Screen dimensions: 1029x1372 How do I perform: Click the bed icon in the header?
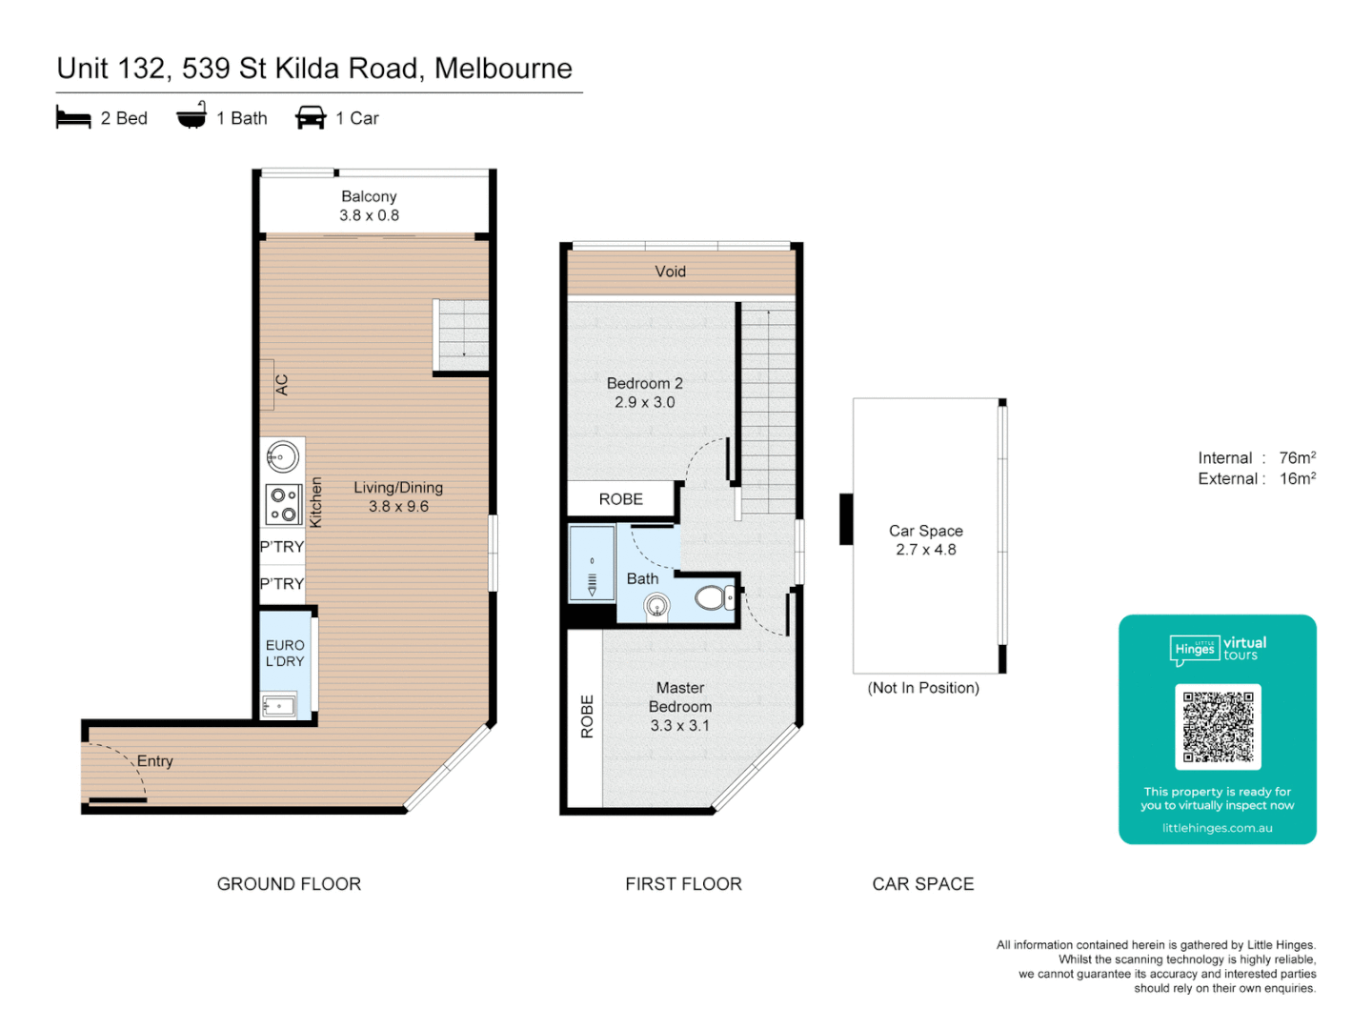click(x=73, y=117)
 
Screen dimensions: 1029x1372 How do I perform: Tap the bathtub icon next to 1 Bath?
click(x=192, y=116)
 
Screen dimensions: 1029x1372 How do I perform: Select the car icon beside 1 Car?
click(x=311, y=117)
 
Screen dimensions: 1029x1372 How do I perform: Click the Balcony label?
click(x=369, y=196)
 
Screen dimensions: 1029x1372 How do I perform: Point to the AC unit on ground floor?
click(x=269, y=385)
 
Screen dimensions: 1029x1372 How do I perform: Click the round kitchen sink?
click(x=282, y=457)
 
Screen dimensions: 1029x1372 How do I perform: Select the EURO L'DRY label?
click(x=285, y=654)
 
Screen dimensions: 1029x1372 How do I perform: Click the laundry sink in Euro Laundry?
click(x=278, y=706)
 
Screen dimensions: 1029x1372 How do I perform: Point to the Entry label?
click(x=154, y=761)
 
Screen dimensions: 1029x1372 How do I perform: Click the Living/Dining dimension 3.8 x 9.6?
click(x=398, y=507)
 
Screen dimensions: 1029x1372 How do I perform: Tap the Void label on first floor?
click(x=670, y=272)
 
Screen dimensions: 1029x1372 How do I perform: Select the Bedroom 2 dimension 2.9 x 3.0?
click(x=644, y=403)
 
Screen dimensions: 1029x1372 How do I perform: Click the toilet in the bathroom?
click(x=713, y=598)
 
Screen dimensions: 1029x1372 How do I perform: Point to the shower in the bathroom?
click(x=592, y=563)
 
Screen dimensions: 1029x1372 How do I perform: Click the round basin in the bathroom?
click(x=656, y=605)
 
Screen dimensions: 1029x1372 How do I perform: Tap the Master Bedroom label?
click(x=680, y=697)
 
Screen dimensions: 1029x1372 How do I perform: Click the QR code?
click(x=1218, y=727)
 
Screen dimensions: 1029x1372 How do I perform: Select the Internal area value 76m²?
click(x=1297, y=458)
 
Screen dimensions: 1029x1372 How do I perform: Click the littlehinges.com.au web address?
click(x=1217, y=828)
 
